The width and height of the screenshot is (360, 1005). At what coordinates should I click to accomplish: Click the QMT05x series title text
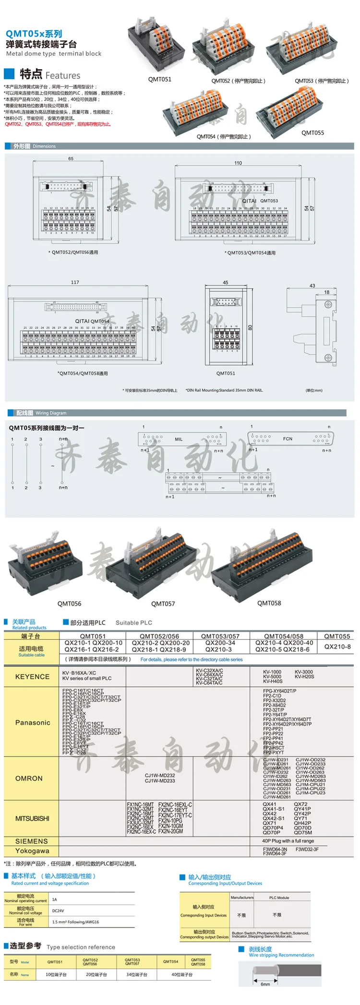(34, 34)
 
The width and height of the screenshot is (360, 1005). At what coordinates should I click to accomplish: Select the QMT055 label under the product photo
(312, 133)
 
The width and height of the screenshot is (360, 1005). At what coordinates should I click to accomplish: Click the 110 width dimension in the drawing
(238, 163)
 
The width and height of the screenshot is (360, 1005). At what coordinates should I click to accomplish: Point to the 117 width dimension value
(75, 282)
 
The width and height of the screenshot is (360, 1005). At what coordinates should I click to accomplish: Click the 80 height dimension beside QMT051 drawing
(250, 328)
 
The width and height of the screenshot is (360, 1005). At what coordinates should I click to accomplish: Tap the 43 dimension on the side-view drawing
(312, 286)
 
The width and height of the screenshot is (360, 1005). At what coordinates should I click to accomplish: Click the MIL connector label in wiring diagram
(179, 439)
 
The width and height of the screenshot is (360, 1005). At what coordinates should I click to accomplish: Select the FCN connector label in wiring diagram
(288, 439)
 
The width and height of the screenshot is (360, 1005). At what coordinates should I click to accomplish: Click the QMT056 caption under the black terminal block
(69, 604)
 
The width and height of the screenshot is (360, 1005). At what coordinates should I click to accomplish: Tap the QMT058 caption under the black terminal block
(269, 603)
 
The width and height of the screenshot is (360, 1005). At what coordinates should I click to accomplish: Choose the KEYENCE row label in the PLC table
(32, 677)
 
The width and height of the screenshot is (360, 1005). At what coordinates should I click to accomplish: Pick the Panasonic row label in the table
(33, 722)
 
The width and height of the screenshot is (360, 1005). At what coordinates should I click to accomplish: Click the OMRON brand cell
(29, 778)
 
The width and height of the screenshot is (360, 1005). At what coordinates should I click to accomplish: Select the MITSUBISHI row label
(32, 819)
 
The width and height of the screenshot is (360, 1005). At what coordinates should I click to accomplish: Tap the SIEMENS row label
(32, 841)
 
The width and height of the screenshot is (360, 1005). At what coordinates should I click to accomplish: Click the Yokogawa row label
(32, 851)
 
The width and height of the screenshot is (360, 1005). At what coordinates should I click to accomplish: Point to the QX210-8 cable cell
(337, 646)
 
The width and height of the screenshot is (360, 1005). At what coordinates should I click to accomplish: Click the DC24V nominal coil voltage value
(58, 911)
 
